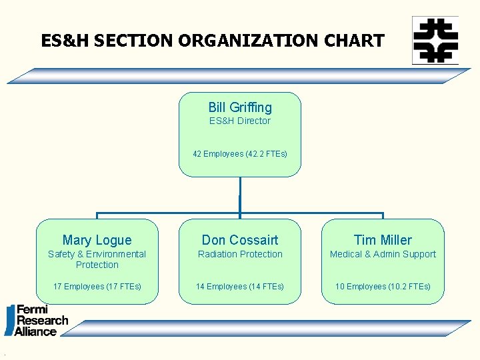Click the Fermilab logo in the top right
click(435, 40)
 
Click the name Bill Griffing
click(240, 107)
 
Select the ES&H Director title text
click(240, 121)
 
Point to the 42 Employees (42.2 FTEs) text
click(240, 154)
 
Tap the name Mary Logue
click(97, 240)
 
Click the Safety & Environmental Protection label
click(97, 259)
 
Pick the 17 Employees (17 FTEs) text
click(97, 287)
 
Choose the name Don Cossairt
click(240, 240)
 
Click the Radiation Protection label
click(240, 254)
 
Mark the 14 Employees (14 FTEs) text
click(240, 287)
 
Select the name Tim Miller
click(383, 240)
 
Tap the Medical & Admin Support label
click(383, 254)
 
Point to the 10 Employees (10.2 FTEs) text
click(383, 287)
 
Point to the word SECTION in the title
click(135, 41)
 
